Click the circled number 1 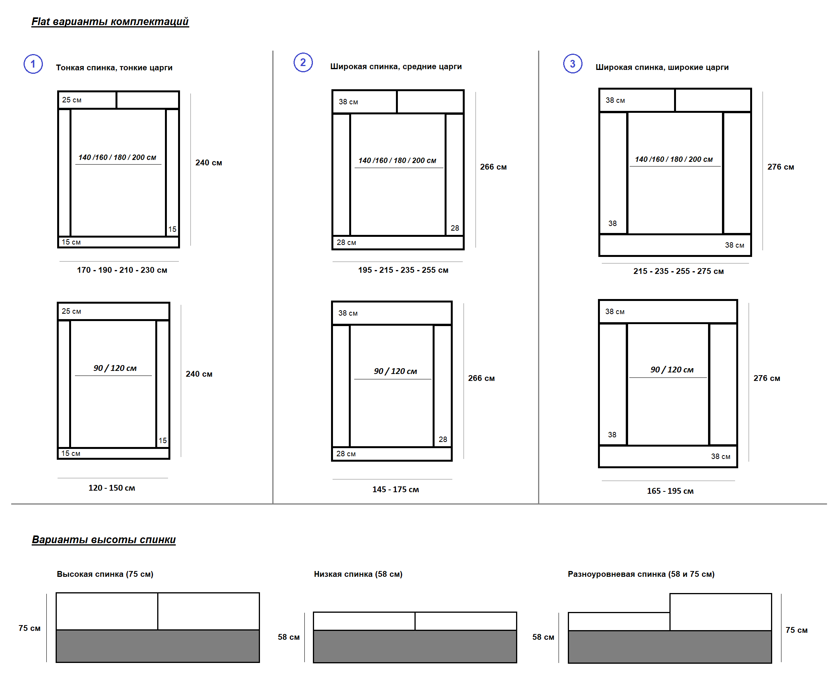click(x=33, y=64)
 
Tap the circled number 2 click(x=303, y=63)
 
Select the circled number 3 click(x=572, y=64)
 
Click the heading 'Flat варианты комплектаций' click(x=110, y=22)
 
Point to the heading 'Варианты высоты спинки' click(x=104, y=539)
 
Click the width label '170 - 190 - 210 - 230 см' click(x=122, y=270)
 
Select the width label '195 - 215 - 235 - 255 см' click(x=403, y=270)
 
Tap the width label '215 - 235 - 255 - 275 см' click(x=678, y=271)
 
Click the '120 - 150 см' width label click(x=112, y=488)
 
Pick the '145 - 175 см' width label click(x=396, y=489)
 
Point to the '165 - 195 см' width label click(x=670, y=491)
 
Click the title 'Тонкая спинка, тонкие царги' click(x=114, y=68)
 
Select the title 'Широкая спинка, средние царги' click(x=396, y=66)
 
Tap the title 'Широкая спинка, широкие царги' click(x=662, y=67)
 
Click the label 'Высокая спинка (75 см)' click(x=105, y=574)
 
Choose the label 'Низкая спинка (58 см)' click(x=358, y=574)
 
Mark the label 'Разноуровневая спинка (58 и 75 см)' click(x=641, y=574)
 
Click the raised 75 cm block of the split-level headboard click(x=720, y=612)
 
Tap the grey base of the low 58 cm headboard click(x=414, y=646)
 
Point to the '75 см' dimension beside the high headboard click(x=29, y=628)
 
